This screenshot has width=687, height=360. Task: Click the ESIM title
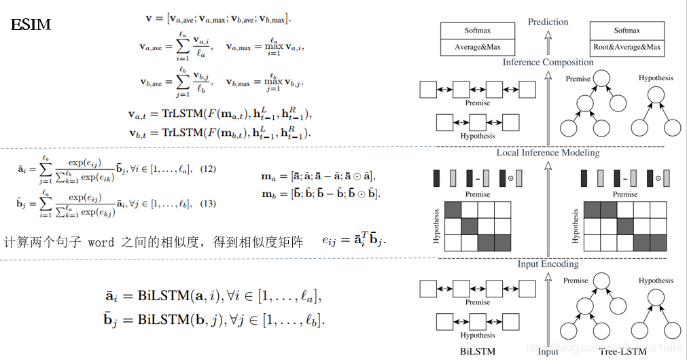pos(31,26)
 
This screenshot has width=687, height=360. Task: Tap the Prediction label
pos(548,22)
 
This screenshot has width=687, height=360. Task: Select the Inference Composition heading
pos(548,62)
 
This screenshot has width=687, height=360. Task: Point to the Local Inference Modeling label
pos(548,153)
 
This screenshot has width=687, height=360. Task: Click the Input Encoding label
pos(548,264)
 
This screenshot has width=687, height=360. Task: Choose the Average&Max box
pos(478,48)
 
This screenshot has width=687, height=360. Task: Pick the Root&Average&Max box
pos(627,48)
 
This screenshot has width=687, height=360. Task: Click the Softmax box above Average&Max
pos(478,31)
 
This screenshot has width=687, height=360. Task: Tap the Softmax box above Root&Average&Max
pos(627,31)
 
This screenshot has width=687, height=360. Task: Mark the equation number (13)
pos(207,204)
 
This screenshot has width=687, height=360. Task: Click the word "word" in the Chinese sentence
pos(101,242)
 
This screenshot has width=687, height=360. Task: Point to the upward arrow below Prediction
pos(548,43)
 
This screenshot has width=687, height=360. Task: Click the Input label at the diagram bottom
pos(548,352)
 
